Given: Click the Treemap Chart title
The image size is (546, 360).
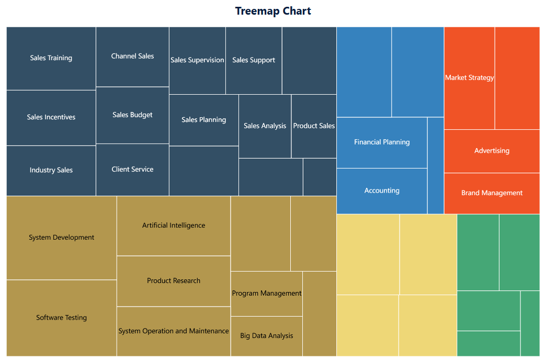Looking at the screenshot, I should coord(273,11).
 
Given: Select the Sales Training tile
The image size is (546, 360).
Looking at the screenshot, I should coord(51,58).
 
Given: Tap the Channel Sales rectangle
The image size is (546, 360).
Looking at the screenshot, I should coord(132,56).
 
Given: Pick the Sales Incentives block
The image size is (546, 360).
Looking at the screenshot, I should coord(51,117).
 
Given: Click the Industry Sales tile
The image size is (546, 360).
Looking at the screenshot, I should coord(51,170).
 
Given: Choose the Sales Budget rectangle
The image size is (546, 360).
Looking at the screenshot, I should coord(132,115).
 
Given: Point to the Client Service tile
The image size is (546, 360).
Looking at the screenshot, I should coord(132,170).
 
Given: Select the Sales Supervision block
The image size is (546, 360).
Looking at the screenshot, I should coord(197,60).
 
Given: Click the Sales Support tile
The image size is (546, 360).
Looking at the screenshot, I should coord(254,60).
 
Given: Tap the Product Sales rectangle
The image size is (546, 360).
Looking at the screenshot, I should coord(314,126).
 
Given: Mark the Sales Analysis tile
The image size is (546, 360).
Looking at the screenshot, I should coord(265,126).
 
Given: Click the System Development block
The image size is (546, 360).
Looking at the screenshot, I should coord(61,238).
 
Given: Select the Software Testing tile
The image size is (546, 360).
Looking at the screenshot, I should coord(61,318).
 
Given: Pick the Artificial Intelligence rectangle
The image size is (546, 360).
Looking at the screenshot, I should coord(174,226).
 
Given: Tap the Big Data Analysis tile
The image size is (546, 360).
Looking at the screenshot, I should coord(266,336).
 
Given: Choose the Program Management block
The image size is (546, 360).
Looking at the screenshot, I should coord(266,294).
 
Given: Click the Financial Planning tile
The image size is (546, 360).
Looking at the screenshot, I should coord(382,142).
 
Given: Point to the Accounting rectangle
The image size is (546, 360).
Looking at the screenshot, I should coord(382,191).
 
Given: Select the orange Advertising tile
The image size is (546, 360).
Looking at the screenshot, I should coord(492,151).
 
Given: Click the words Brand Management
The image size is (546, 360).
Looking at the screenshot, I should coord(492,193).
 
